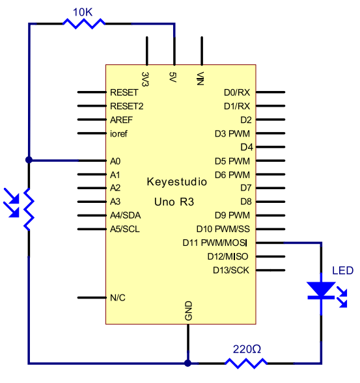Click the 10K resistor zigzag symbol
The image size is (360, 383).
[84, 23]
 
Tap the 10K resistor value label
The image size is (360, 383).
[83, 12]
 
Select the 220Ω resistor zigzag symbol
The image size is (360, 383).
[246, 363]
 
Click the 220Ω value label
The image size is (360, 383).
[247, 349]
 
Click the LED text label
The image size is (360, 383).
[342, 271]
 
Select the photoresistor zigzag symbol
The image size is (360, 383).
[29, 209]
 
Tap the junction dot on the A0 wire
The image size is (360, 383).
[29, 160]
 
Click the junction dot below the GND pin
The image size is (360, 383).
[187, 363]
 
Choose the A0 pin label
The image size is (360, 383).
[115, 161]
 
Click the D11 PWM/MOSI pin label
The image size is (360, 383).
[215, 243]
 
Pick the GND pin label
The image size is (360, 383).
[188, 311]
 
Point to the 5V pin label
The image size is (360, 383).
[173, 77]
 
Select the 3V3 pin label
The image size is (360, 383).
[145, 79]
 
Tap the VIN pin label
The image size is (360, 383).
[200, 79]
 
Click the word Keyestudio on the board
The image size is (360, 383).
[177, 182]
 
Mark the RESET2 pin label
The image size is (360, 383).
[127, 106]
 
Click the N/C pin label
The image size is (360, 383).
[118, 298]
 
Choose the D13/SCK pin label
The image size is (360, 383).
[231, 271]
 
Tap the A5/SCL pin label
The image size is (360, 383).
[125, 229]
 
